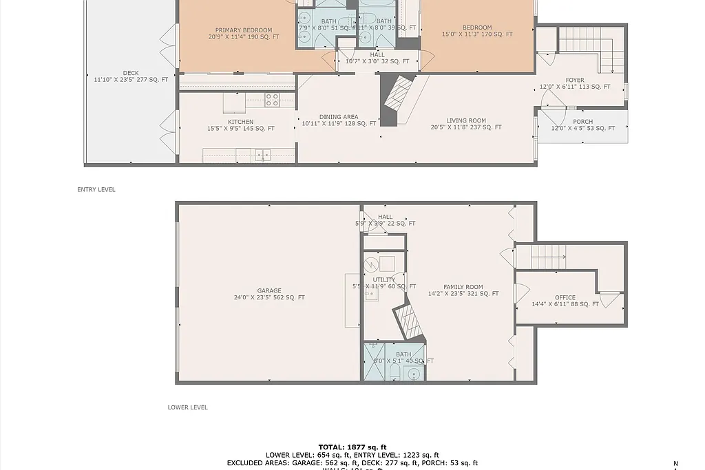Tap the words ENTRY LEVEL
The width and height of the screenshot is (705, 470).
pos(96,190)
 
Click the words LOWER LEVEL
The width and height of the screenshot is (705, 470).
pos(187,407)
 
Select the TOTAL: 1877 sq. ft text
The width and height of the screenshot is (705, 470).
pos(352,447)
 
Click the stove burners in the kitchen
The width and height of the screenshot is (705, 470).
pos(272,100)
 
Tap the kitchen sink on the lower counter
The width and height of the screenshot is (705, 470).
pos(262,156)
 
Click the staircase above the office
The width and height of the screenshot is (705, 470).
pos(549,257)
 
